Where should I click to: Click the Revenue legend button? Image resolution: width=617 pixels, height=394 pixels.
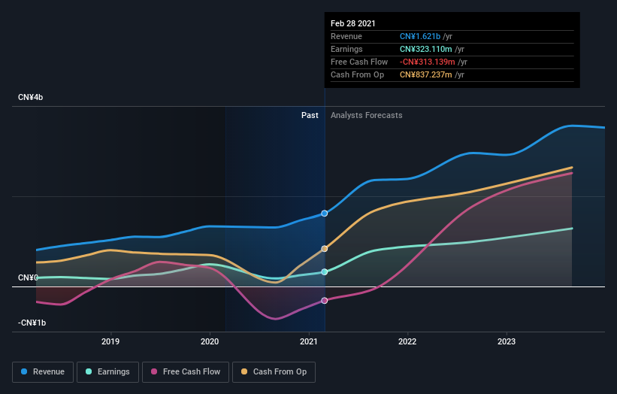44,371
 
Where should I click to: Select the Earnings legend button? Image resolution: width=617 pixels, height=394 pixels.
107,371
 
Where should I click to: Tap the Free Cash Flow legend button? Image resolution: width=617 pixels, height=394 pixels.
186,371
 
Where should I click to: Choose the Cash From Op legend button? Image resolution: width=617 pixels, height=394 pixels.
274,371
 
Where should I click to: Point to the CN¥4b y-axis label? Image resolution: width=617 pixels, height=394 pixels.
31,98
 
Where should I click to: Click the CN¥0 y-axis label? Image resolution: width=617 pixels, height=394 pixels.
28,278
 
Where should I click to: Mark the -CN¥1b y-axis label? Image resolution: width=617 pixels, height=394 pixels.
32,323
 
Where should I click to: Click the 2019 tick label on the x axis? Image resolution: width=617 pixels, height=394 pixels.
111,341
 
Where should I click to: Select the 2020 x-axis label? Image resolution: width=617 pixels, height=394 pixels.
210,341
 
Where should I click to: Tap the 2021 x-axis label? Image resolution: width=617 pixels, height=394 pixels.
309,341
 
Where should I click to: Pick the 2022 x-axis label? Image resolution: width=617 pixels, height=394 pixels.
407,341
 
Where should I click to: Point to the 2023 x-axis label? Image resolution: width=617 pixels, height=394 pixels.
507,341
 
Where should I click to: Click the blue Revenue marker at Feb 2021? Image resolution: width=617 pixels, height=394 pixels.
325,214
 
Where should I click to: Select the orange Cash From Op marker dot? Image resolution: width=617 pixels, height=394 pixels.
325,248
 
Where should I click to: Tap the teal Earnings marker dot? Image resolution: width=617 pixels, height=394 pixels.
325,272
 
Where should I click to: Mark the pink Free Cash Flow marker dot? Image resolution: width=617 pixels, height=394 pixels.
325,301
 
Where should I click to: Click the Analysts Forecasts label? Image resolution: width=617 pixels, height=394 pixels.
366,115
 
